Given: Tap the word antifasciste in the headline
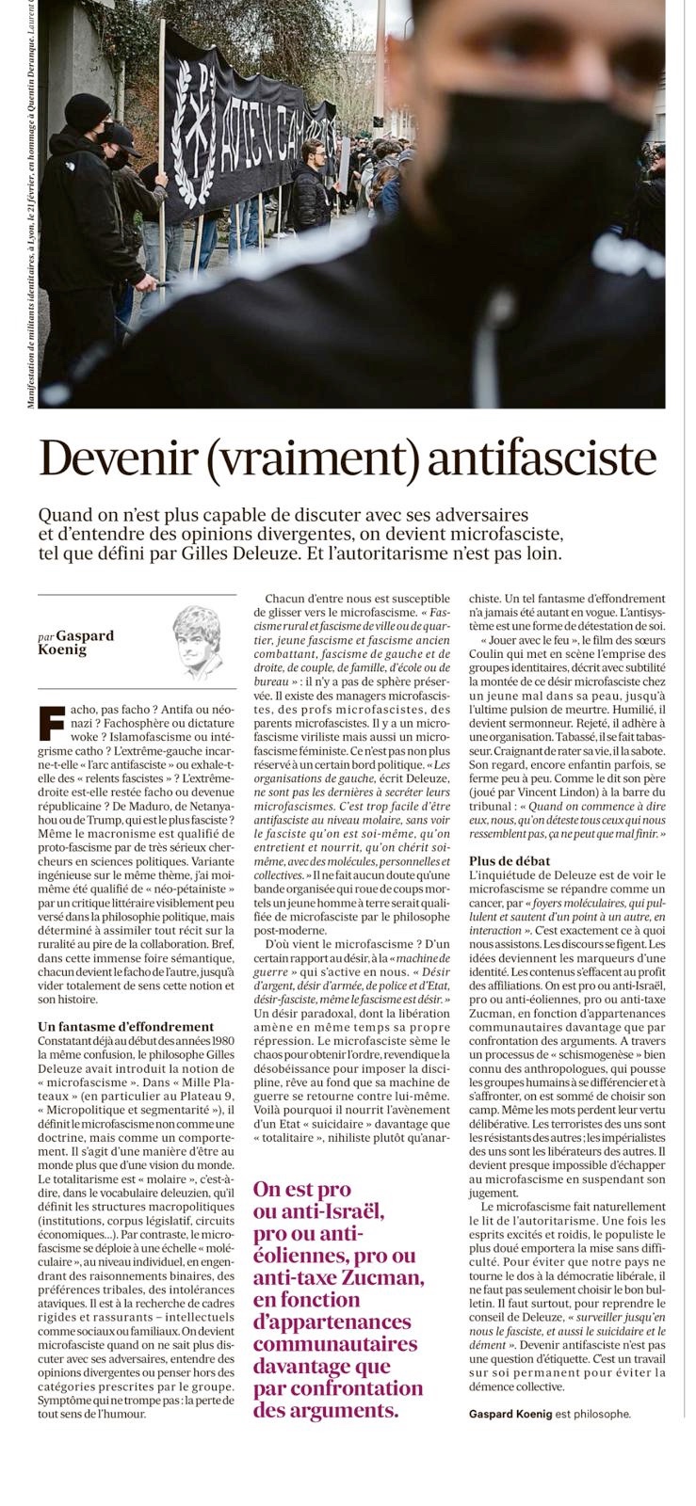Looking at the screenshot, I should click(541, 458).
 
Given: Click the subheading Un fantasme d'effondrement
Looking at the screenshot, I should click(126, 1026).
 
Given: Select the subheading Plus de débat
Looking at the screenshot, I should click(510, 860).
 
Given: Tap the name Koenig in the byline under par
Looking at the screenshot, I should click(63, 649).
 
